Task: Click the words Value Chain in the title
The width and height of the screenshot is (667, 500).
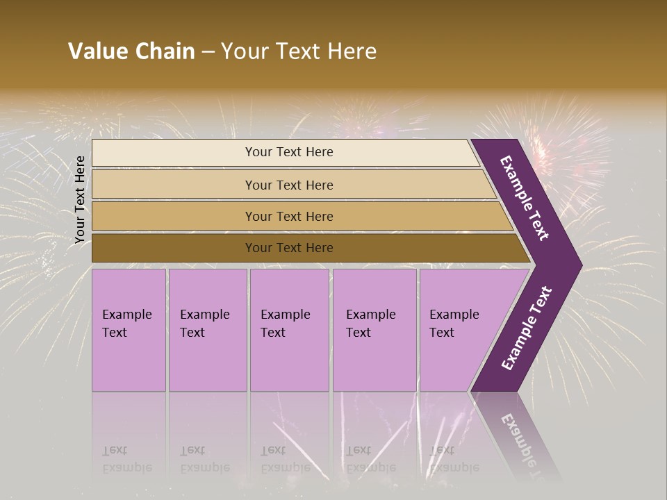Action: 131,51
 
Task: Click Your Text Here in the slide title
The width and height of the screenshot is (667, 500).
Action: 299,51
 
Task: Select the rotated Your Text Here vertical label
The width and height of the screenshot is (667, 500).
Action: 81,200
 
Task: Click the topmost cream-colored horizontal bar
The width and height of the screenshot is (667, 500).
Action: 174,153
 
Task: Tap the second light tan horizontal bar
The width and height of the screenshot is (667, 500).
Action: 174,185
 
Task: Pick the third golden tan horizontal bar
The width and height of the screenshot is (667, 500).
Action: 174,217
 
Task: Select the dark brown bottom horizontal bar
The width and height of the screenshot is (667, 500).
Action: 174,248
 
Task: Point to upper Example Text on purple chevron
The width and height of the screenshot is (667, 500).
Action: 525,198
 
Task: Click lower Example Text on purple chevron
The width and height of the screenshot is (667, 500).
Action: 526,328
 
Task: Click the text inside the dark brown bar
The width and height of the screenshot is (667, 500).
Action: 289,248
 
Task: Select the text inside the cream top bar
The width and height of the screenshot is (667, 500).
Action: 289,152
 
